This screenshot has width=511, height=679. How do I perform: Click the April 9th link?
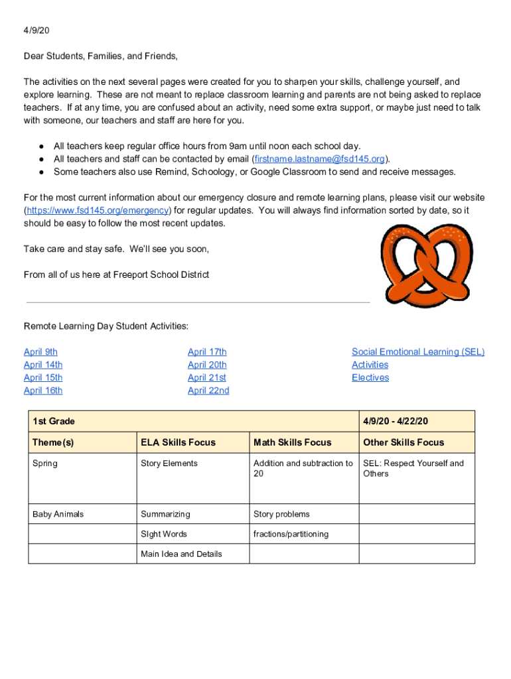[40, 352]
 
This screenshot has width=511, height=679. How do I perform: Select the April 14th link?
[43, 365]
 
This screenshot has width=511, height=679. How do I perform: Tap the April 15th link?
[43, 377]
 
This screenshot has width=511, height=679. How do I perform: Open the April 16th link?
[43, 391]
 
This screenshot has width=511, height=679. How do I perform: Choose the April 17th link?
[207, 352]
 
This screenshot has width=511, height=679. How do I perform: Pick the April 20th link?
[207, 365]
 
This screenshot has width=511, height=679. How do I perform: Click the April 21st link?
[207, 377]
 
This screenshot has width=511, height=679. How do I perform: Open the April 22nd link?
[208, 391]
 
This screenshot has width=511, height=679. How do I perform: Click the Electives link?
[370, 377]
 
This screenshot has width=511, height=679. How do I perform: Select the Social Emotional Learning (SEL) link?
[418, 352]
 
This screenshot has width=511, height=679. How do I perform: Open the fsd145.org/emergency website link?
[98, 211]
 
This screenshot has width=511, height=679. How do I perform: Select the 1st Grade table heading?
[54, 421]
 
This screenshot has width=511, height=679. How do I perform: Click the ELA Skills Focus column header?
[178, 442]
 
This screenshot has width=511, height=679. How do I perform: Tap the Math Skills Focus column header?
[292, 442]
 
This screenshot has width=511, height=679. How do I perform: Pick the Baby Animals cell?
[58, 514]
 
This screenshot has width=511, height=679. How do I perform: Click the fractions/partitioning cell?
[291, 534]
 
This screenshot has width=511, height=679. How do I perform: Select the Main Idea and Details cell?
[181, 554]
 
